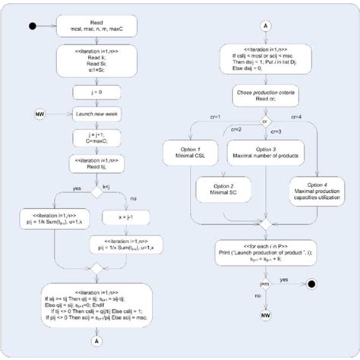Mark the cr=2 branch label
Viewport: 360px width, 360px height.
(x=236, y=130)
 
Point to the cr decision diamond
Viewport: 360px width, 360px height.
(x=264, y=121)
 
